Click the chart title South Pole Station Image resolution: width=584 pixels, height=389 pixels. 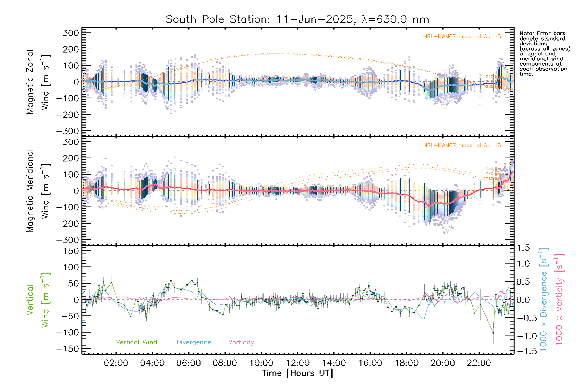click(217, 19)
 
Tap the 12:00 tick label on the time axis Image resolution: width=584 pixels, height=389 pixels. click(298, 363)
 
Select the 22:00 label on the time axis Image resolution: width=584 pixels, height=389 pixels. click(479, 363)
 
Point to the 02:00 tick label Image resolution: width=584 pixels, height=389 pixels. click(116, 363)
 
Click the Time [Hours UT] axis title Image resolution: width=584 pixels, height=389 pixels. click(297, 373)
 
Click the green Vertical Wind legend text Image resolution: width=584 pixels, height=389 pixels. click(136, 342)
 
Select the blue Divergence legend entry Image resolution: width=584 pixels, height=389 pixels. click(194, 342)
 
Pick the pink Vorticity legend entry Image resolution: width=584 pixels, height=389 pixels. click(241, 342)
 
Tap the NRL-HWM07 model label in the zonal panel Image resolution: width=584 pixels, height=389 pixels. click(462, 37)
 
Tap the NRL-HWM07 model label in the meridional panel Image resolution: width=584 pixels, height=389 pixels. click(462, 146)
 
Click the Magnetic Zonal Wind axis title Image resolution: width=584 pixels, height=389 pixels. click(38, 82)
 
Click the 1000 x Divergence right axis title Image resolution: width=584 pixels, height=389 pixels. click(544, 299)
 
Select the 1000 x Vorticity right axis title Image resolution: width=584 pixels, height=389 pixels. click(559, 299)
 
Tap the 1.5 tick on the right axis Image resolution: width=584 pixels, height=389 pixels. click(523, 248)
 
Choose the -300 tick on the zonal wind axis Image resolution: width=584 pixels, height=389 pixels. click(67, 131)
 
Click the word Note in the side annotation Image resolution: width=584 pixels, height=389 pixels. click(526, 33)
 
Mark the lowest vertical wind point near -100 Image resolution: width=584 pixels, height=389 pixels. click(493, 333)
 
